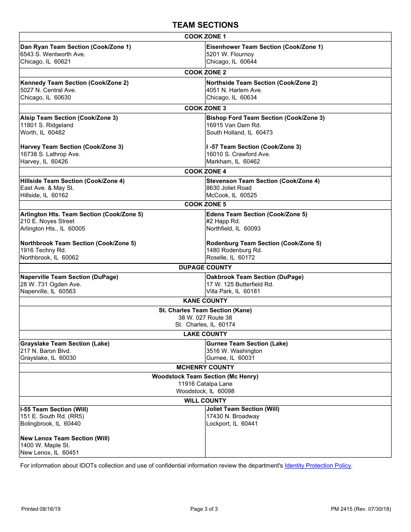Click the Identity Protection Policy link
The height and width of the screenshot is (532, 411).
[x=318, y=466]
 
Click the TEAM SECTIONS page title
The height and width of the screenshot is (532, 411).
[x=205, y=25]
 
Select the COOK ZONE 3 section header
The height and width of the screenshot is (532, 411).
[x=205, y=108]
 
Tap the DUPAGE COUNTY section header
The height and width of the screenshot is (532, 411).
[x=205, y=267]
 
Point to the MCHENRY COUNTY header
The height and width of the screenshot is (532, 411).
[x=205, y=367]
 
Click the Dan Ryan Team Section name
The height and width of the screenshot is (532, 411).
[x=76, y=47]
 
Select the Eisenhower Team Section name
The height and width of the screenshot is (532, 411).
[x=264, y=47]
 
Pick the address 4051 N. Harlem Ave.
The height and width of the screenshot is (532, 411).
[x=234, y=90]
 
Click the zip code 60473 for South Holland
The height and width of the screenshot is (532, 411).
[x=264, y=132]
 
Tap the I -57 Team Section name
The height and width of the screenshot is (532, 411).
[x=254, y=147]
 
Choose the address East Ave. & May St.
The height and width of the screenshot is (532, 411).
[x=47, y=188]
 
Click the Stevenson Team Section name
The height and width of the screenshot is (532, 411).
[x=263, y=181]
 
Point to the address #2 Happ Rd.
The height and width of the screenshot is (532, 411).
[x=223, y=221]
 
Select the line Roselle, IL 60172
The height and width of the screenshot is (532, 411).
[x=231, y=257]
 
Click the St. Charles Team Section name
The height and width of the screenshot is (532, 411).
[x=205, y=310]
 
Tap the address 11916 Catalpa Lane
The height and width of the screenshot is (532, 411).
[x=205, y=384]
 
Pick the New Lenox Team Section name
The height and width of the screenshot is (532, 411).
[x=65, y=438]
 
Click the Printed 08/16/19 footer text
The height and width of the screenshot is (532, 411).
[x=41, y=509]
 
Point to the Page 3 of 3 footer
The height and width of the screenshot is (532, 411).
[x=204, y=509]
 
